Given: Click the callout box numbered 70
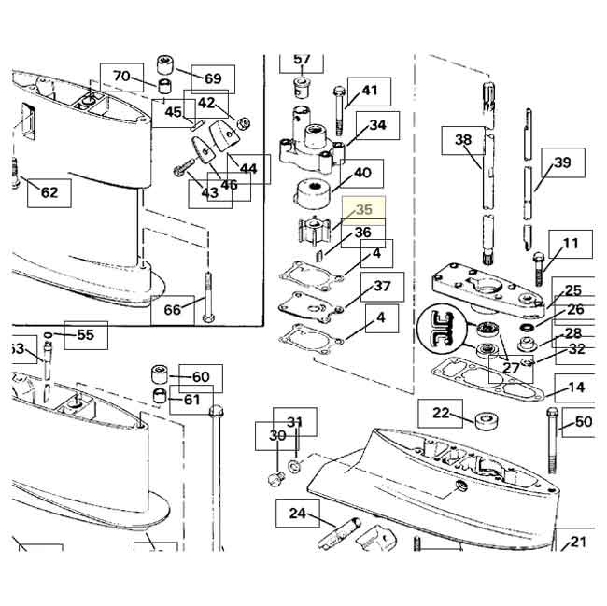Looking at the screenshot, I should [122, 76].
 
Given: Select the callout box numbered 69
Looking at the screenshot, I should [213, 78].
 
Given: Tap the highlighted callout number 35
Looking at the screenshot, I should [361, 212].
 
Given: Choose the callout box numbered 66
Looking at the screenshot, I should [173, 309].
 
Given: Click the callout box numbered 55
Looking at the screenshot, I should [85, 334].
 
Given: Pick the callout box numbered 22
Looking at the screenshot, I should [440, 412].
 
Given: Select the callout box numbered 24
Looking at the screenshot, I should [298, 513].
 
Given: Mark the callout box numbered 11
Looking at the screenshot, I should [570, 245].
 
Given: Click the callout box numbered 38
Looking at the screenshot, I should [463, 140].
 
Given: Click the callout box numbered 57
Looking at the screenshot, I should [302, 61].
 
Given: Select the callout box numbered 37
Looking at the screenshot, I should [382, 286].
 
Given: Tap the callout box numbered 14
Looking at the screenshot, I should [576, 387].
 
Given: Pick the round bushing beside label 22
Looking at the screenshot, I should [486, 417].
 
